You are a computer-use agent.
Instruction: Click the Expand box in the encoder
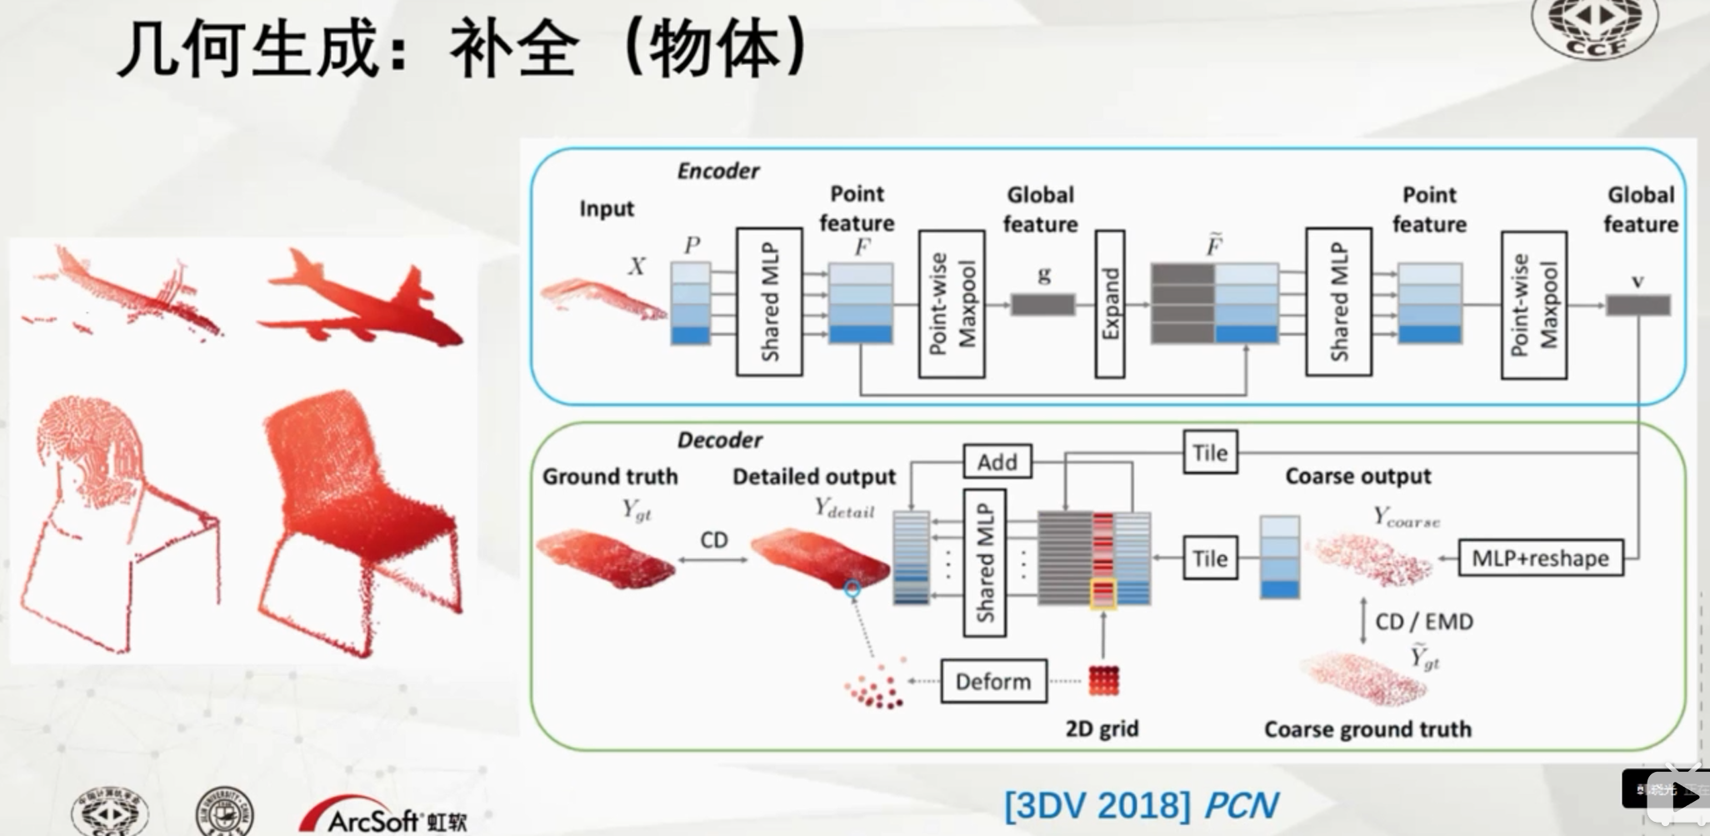click(x=1109, y=304)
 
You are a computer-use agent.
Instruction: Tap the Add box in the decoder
click(x=997, y=461)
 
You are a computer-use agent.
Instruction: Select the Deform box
click(x=992, y=681)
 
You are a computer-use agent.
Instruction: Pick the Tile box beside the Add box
click(x=1209, y=452)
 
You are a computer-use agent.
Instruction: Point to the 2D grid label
click(x=1101, y=729)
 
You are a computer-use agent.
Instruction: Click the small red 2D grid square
click(x=1103, y=680)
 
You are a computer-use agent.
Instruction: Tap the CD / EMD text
click(x=1423, y=621)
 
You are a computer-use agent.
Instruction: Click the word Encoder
click(x=717, y=171)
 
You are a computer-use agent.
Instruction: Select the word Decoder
click(x=719, y=440)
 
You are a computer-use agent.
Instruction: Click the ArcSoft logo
click(x=383, y=817)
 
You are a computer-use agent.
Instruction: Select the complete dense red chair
click(x=358, y=516)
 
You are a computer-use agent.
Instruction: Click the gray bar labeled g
click(x=1042, y=305)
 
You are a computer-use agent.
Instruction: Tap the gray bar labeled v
click(x=1637, y=306)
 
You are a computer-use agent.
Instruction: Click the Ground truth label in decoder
click(x=610, y=476)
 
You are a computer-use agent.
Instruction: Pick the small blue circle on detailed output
click(x=852, y=589)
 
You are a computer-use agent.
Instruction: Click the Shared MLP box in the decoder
click(x=984, y=563)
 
